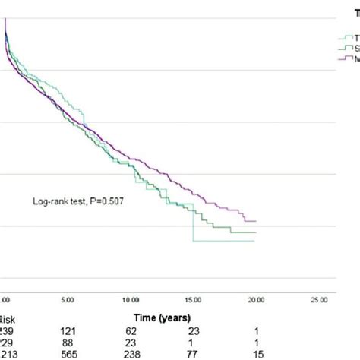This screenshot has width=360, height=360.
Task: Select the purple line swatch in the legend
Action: pyautogui.click(x=342, y=57)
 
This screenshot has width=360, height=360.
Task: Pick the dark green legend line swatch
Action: pyautogui.click(x=342, y=46)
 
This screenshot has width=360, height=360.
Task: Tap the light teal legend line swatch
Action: pyautogui.click(x=342, y=36)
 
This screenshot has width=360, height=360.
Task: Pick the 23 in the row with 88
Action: pyautogui.click(x=134, y=343)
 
